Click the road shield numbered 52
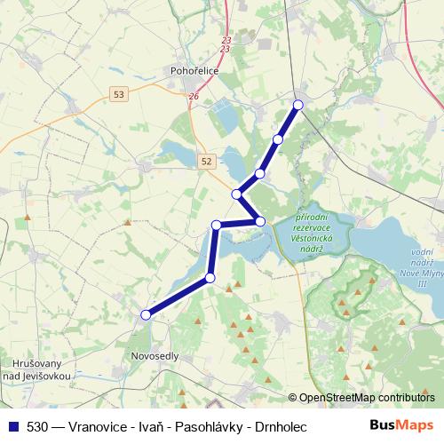pyautogui.click(x=207, y=161)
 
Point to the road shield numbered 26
pyautogui.click(x=194, y=96)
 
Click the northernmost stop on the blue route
pyautogui.click(x=297, y=105)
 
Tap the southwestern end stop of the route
pyautogui.click(x=146, y=313)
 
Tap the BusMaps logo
pyautogui.click(x=402, y=426)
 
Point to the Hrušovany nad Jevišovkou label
pyautogui.click(x=36, y=369)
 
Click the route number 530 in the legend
pyautogui.click(x=38, y=427)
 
